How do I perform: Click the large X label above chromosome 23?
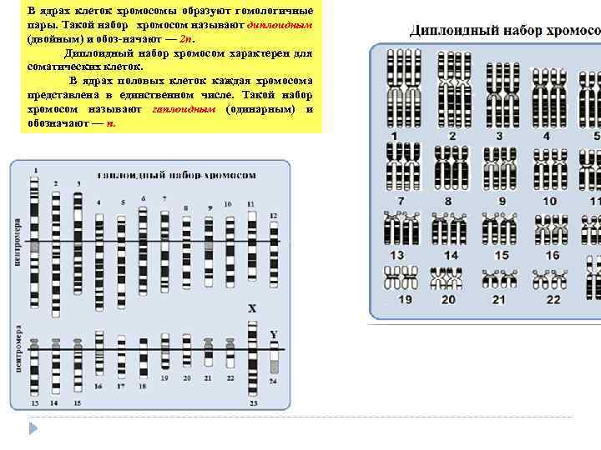click(x=251, y=308)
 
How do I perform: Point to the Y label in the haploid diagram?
click(x=273, y=334)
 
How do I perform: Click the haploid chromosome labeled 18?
click(x=143, y=356)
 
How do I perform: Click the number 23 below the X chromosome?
click(x=254, y=403)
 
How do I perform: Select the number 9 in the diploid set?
click(x=502, y=201)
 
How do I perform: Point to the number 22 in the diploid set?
click(x=553, y=299)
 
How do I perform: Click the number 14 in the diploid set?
click(x=451, y=255)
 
